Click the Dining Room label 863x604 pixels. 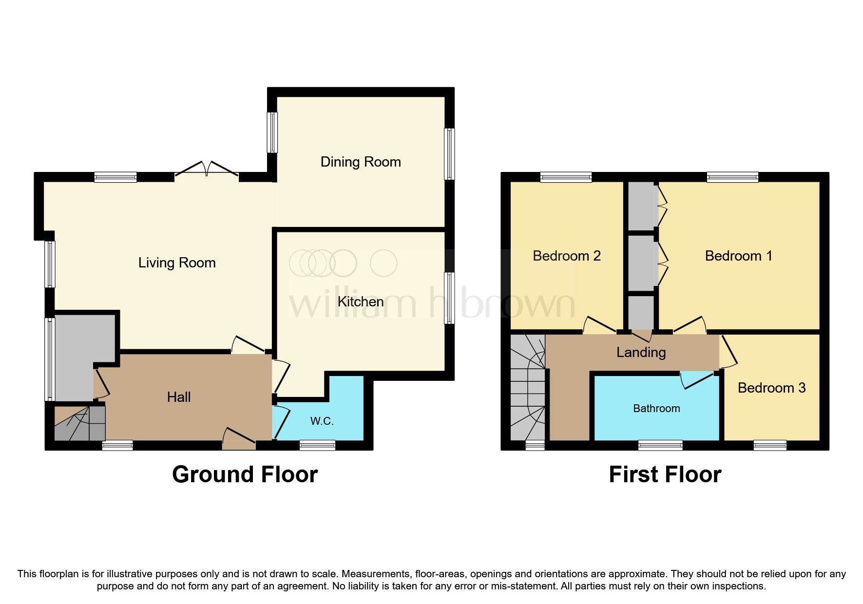pyautogui.click(x=361, y=162)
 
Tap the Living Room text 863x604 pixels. pyautogui.click(x=177, y=263)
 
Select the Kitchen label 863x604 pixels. pyautogui.click(x=361, y=302)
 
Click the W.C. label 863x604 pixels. pyautogui.click(x=322, y=421)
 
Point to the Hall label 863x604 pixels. pyautogui.click(x=179, y=397)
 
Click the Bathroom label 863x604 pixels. pyautogui.click(x=656, y=408)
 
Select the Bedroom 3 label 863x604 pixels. pyautogui.click(x=771, y=388)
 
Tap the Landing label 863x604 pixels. pyautogui.click(x=641, y=352)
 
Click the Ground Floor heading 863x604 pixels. pyautogui.click(x=245, y=474)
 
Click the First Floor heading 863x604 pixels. pyautogui.click(x=665, y=474)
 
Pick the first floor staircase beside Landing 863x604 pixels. pyautogui.click(x=528, y=387)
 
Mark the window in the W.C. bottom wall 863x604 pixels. pyautogui.click(x=318, y=444)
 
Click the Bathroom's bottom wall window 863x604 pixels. pyautogui.click(x=661, y=444)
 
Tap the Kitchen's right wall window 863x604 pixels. pyautogui.click(x=449, y=298)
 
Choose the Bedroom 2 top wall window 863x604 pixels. pyautogui.click(x=566, y=177)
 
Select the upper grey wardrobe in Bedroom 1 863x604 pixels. pyautogui.click(x=641, y=206)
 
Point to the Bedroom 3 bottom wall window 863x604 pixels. pyautogui.click(x=770, y=444)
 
